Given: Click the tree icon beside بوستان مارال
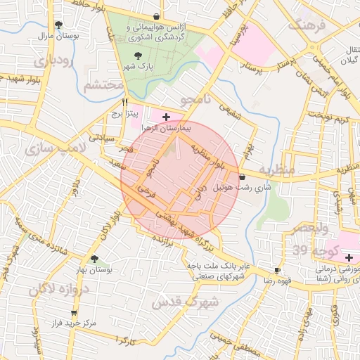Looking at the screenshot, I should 68,25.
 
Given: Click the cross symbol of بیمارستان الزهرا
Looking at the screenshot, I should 165,117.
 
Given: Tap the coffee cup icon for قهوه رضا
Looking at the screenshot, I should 277,270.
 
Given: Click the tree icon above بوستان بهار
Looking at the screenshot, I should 95,259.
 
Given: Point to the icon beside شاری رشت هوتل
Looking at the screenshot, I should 243,177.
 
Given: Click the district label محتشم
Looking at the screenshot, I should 103,86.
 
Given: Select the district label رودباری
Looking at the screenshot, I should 53,61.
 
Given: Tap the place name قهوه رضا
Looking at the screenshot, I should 258,280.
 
